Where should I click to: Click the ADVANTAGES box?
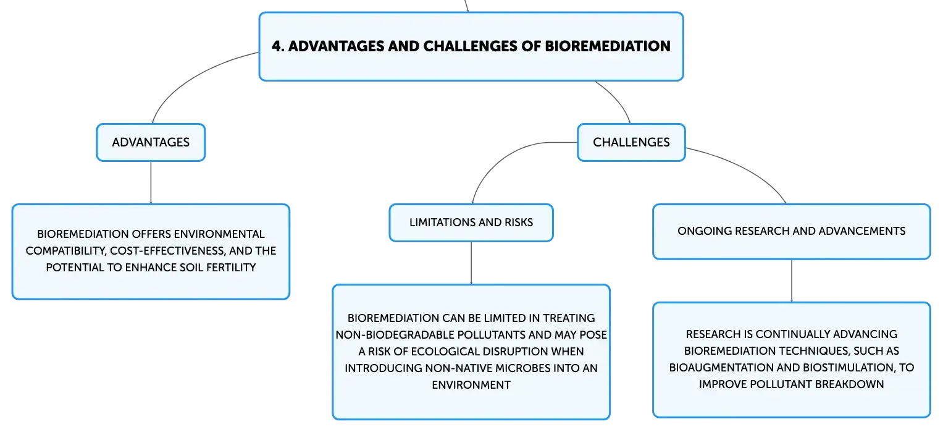point(151,142)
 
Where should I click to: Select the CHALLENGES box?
point(631,142)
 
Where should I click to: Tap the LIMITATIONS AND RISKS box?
point(471,222)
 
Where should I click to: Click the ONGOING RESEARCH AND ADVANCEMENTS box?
point(792,231)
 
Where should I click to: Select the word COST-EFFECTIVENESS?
point(168,251)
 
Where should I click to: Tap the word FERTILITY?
point(230,268)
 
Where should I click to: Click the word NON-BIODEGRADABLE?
point(395,334)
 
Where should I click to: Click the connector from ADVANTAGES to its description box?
point(151,182)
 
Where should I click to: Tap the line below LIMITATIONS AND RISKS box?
point(471,263)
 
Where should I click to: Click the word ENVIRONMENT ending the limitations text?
point(471,385)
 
